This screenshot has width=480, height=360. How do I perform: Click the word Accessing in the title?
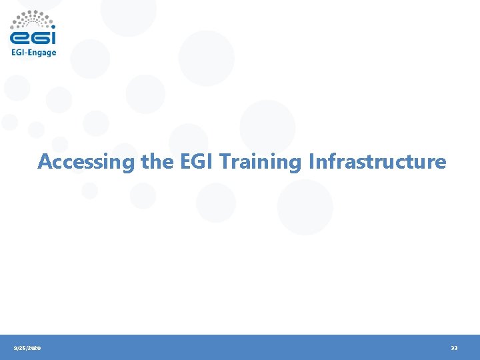click(87, 162)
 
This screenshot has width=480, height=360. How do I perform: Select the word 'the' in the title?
click(157, 161)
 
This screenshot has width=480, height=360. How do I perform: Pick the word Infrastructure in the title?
click(377, 161)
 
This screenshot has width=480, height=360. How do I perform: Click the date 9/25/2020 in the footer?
click(27, 348)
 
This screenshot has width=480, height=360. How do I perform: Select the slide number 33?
click(454, 348)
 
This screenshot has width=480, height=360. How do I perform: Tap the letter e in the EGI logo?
click(20, 37)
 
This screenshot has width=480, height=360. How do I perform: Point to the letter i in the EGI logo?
click(53, 37)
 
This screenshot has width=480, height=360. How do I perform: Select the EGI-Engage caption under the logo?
click(33, 53)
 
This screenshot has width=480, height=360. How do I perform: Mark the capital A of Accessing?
click(45, 161)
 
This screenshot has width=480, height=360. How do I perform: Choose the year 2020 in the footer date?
click(34, 348)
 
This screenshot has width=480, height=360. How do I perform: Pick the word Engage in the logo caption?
click(42, 53)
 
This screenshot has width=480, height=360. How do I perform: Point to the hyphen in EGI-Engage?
click(26, 53)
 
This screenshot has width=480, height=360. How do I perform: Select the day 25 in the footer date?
click(22, 348)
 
